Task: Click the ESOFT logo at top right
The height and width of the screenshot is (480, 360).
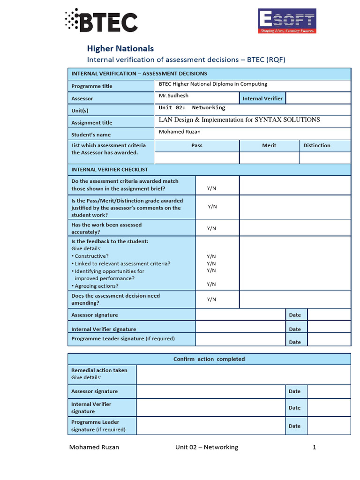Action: click(287, 21)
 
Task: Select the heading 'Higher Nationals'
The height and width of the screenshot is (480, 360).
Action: click(120, 48)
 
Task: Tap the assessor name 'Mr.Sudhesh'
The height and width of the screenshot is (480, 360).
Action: click(173, 96)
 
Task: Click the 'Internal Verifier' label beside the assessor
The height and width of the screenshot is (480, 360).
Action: click(262, 98)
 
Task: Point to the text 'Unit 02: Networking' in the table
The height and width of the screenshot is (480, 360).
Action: click(192, 108)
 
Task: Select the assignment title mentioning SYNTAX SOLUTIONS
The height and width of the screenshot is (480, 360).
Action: click(239, 120)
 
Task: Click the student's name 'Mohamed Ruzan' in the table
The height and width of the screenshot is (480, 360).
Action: click(180, 132)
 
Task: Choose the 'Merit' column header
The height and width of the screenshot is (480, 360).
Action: click(269, 145)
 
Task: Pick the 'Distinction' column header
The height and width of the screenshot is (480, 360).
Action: click(317, 145)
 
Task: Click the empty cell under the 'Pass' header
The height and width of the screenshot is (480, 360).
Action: click(197, 158)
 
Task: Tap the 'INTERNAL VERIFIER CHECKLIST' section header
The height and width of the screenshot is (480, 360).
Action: click(109, 169)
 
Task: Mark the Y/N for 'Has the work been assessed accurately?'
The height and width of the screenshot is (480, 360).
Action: click(211, 228)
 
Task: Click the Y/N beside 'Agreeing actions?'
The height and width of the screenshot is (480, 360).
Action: click(211, 284)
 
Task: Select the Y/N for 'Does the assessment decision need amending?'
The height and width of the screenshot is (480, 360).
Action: click(211, 299)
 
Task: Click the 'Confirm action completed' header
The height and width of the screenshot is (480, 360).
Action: click(209, 359)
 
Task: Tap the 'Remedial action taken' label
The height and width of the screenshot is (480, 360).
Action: click(99, 370)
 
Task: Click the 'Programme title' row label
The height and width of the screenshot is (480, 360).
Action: click(91, 86)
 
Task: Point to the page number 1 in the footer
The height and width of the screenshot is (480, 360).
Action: click(315, 447)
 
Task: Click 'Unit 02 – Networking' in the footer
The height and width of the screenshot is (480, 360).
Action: click(207, 447)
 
